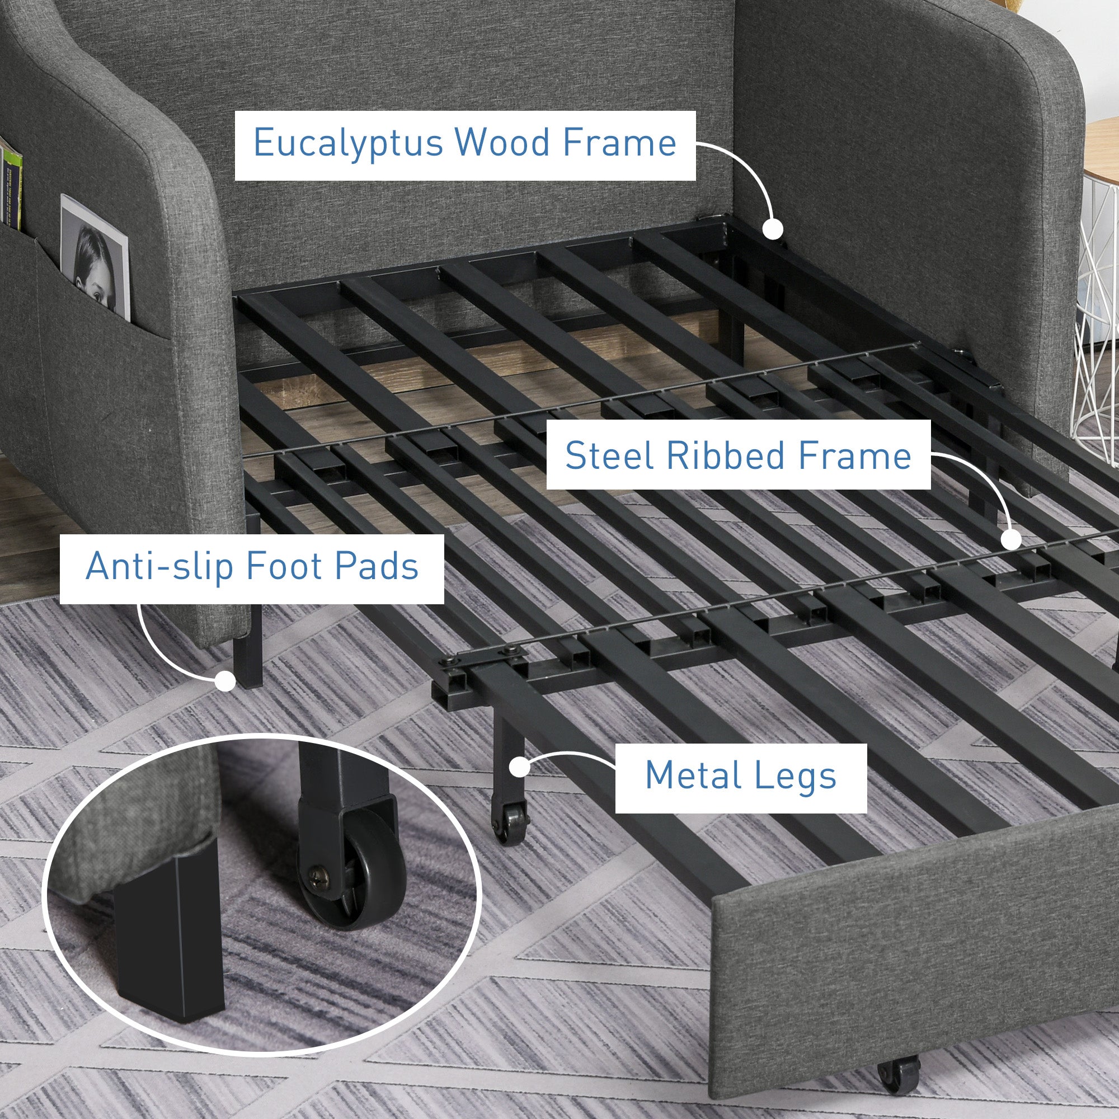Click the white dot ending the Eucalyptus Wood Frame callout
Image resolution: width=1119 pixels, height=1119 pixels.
click(x=772, y=229)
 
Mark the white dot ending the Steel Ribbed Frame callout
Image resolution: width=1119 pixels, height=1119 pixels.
click(x=1011, y=539)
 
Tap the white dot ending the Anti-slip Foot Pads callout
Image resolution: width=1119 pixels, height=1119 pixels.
click(x=225, y=681)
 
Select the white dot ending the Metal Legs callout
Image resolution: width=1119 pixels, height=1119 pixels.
click(x=520, y=768)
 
